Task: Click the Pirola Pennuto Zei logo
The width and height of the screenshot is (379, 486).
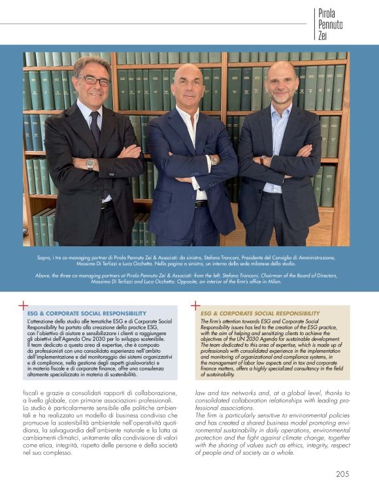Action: pos(330,25)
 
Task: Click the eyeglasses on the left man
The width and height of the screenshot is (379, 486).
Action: pos(95,80)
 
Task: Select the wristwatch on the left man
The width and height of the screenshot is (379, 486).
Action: pos(90,163)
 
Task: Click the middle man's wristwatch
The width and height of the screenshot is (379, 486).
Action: pos(213,160)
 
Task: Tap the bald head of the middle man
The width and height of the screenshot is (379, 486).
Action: pos(188,73)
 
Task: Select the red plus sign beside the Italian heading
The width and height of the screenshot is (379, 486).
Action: pos(23,305)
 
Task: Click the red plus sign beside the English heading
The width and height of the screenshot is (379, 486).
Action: pos(195,305)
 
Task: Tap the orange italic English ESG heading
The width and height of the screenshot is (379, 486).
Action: pos(260,314)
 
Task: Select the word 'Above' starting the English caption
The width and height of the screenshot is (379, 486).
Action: pos(43,276)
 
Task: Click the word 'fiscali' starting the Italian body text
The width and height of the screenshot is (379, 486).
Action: pos(32,392)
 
